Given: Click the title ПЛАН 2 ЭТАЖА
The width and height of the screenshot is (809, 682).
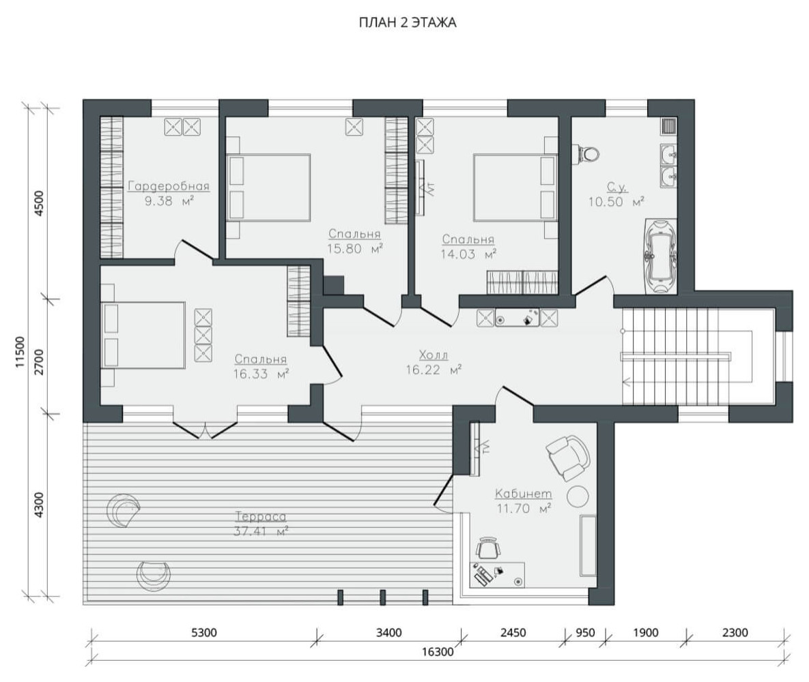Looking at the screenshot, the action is [408, 23].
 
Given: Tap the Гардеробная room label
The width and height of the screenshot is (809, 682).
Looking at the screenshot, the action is [169, 186].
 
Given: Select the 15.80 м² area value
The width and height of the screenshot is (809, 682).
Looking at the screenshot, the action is [355, 249].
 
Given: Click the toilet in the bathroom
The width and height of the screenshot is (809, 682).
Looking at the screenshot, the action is [588, 153].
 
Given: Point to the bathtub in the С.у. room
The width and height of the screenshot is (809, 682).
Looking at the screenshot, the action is [659, 256].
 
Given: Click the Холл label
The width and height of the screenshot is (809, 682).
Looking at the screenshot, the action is [434, 355].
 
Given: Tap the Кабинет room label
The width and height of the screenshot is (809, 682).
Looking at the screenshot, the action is [523, 494].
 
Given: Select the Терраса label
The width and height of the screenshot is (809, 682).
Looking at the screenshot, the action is [261, 516].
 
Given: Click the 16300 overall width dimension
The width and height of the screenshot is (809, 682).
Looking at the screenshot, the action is [438, 652].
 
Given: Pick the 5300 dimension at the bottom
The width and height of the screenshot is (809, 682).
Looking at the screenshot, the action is [204, 632].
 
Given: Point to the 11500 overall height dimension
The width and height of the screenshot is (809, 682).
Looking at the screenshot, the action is [20, 351].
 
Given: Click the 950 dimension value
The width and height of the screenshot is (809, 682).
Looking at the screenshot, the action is [585, 632].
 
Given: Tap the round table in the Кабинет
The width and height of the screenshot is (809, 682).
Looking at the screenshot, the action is [578, 496].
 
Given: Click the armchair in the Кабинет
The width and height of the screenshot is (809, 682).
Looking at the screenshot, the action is [568, 457].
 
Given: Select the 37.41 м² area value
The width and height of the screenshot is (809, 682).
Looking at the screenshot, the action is [261, 531].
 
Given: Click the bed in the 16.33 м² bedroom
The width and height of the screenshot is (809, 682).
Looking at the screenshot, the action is [143, 335].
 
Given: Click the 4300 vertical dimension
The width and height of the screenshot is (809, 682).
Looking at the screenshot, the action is [39, 505].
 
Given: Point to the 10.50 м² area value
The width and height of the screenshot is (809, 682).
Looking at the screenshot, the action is [616, 202].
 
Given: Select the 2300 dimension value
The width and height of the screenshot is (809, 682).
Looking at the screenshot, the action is [735, 632].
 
